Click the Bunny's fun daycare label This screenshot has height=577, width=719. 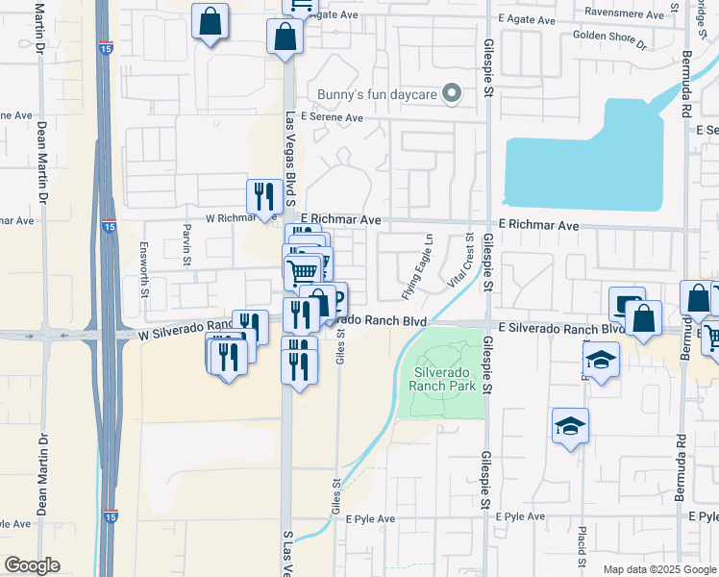tap(374, 94)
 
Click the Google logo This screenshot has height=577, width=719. tap(32, 565)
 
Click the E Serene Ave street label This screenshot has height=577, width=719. tap(332, 117)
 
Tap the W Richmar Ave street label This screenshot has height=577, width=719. tap(222, 218)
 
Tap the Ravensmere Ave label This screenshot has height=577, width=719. tap(623, 14)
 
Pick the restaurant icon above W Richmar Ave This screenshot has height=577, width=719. tap(263, 197)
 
